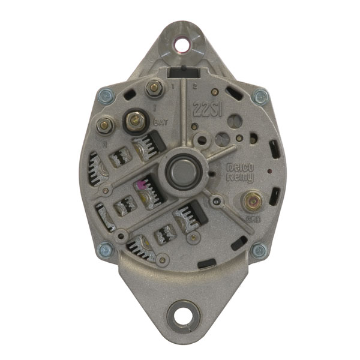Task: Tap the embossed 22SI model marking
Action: click(x=205, y=108)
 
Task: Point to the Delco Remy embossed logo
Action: click(x=239, y=173)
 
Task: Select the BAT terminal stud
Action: click(x=134, y=121)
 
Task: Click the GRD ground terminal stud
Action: click(x=251, y=200)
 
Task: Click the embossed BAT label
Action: click(x=160, y=122)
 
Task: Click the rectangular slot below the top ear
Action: click(x=181, y=73)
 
